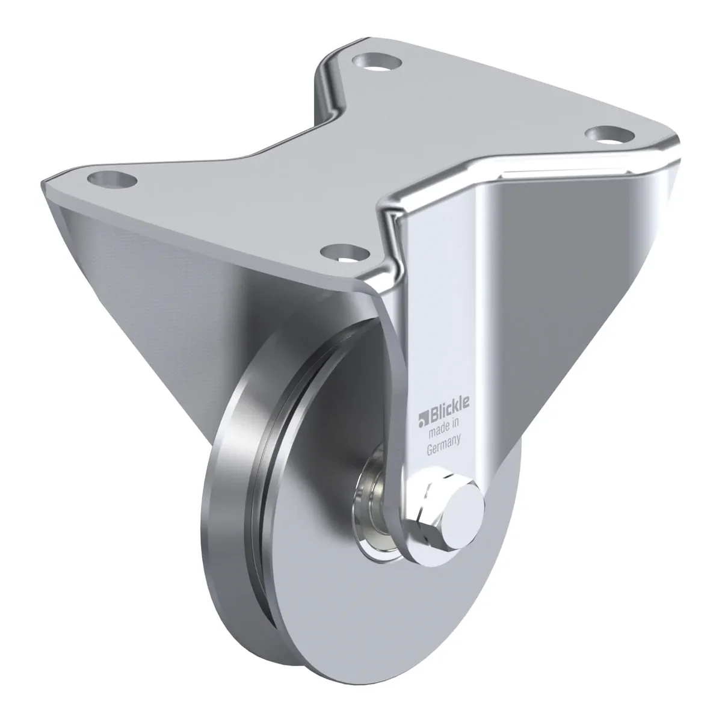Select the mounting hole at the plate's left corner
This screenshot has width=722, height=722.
[x=112, y=177]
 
